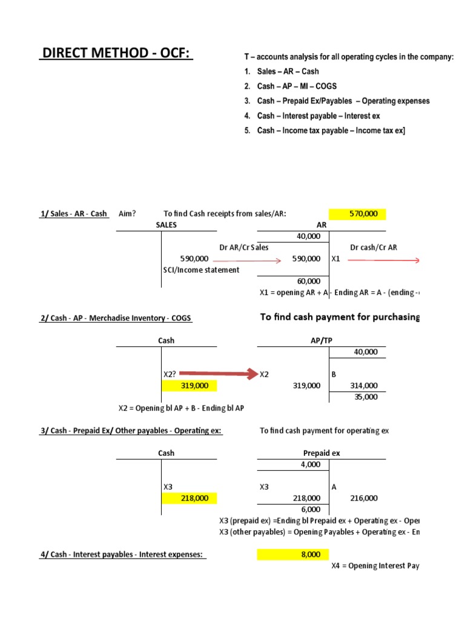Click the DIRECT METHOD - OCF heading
coord(115,54)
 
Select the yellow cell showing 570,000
coord(357,213)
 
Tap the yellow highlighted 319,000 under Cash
coord(188,385)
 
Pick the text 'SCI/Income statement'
coord(201,270)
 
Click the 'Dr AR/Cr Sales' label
coord(244,247)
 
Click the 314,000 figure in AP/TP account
coord(363,385)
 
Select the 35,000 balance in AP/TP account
coord(365,397)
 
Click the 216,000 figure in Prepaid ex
coord(363,498)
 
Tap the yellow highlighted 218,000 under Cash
coord(188,498)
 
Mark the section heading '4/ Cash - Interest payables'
coord(123,554)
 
